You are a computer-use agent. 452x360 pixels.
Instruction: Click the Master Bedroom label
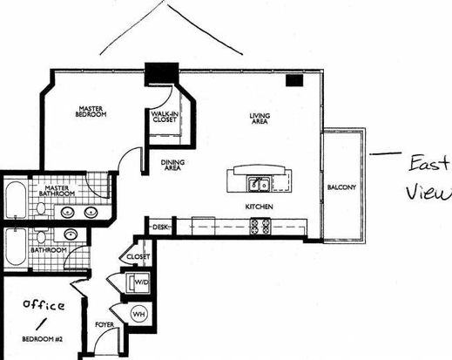pos(91,112)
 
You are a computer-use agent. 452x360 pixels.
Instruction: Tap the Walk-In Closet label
pos(165,117)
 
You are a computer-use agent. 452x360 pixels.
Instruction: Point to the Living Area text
pos(260,119)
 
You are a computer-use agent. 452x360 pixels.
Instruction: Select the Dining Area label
pos(172,165)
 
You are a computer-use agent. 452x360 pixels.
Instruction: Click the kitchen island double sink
pos(260,184)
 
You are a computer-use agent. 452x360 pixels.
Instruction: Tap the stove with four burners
pos(260,227)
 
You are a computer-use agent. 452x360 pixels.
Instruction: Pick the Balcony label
pos(341,187)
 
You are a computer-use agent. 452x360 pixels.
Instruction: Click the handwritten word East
pos(429,164)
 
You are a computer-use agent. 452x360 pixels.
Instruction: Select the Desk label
pos(160,227)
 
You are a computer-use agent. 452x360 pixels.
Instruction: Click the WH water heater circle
pos(138,314)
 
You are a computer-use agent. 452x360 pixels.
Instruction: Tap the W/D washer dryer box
pos(138,282)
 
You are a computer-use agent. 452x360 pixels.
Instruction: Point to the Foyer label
pos(105,324)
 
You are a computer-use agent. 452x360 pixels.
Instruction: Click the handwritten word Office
pos(44,304)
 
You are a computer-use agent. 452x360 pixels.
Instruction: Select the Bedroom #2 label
pos(43,339)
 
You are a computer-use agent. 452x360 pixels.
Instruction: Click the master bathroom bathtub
pos(16,200)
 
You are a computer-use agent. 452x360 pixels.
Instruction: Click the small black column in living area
pos(294,80)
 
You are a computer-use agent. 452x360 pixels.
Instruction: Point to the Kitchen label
pos(260,207)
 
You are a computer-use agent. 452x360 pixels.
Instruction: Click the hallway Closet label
pos(138,257)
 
